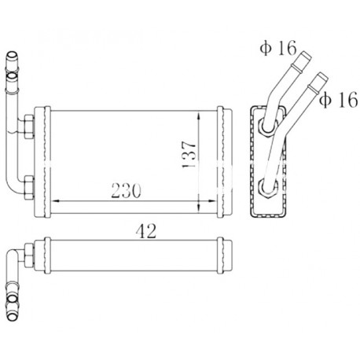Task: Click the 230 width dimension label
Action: [127, 190]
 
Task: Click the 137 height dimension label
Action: [189, 155]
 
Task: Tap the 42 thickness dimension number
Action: [146, 231]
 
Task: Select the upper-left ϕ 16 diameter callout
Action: [278, 48]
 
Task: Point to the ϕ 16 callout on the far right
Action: [339, 100]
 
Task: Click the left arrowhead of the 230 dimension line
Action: [56, 201]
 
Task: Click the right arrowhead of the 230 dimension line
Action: [211, 201]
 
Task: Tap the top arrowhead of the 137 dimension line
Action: [198, 116]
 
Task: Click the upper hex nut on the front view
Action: [28, 127]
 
